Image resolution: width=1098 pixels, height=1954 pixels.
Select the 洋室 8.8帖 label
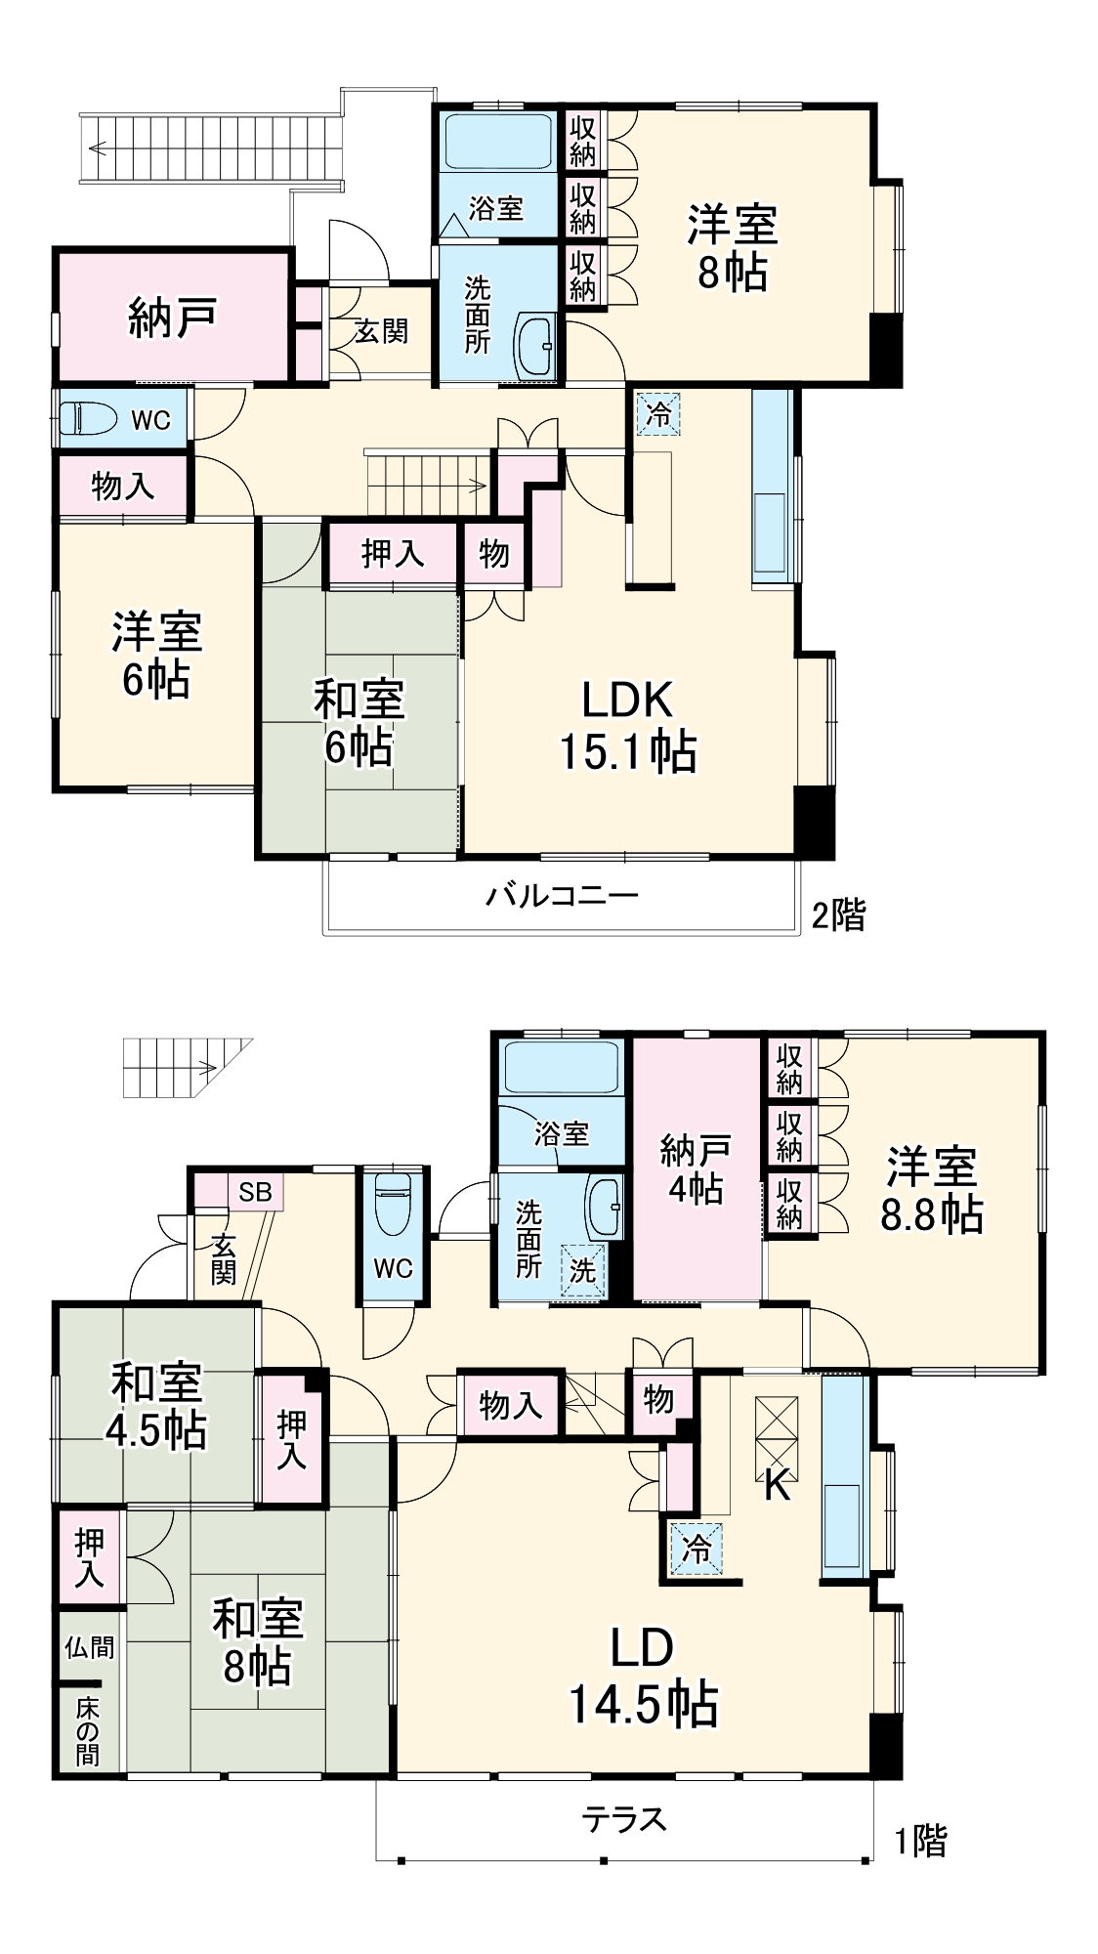click(931, 1190)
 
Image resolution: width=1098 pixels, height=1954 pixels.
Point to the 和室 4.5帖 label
click(156, 1407)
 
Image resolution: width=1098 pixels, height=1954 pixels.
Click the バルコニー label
click(562, 895)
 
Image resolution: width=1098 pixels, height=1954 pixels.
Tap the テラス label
click(623, 1819)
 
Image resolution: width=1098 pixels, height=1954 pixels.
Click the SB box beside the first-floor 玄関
click(255, 1192)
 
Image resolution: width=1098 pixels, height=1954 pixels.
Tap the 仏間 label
click(89, 1648)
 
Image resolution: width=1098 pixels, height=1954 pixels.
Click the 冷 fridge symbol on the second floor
click(658, 413)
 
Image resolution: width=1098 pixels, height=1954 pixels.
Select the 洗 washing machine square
click(583, 1270)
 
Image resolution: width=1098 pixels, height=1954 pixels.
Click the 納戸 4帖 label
click(696, 1168)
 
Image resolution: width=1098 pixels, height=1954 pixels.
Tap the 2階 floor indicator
click(838, 914)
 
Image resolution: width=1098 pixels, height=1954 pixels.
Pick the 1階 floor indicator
click(920, 1841)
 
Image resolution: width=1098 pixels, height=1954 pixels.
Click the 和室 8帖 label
click(257, 1641)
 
